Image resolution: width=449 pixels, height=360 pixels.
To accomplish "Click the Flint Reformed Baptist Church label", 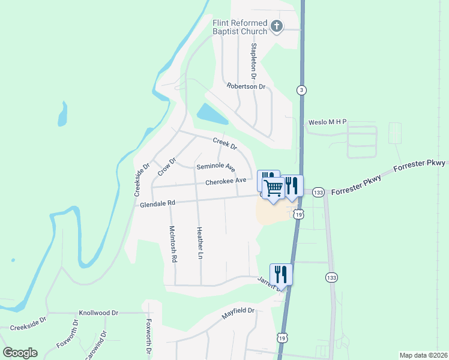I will tap(240, 27).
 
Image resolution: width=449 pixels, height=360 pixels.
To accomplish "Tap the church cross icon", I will tap(276, 26).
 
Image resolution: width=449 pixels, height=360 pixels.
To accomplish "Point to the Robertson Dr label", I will tap(246, 86).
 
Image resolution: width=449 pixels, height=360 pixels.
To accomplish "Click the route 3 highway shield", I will tap(301, 90).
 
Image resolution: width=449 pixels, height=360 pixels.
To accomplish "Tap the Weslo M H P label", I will tap(328, 122).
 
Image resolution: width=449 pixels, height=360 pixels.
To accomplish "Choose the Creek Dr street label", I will tap(225, 143).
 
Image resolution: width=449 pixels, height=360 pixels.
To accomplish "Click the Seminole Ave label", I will tap(215, 166).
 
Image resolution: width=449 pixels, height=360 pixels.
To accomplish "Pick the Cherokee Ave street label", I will tap(226, 181).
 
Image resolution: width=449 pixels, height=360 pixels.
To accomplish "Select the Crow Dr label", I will tap(166, 167).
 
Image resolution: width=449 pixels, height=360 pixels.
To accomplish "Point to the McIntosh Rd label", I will tap(173, 244).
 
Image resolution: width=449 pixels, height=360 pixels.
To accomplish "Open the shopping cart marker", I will tap(274, 188).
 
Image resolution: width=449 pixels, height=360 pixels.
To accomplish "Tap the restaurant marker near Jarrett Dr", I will tap(281, 274).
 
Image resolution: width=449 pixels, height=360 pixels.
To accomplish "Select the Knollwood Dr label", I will tap(99, 313).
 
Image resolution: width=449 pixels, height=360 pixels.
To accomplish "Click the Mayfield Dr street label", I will tap(238, 311).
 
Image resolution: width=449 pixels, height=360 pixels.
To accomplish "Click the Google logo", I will tap(20, 353).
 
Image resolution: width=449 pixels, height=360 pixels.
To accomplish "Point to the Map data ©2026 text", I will tap(423, 355).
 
